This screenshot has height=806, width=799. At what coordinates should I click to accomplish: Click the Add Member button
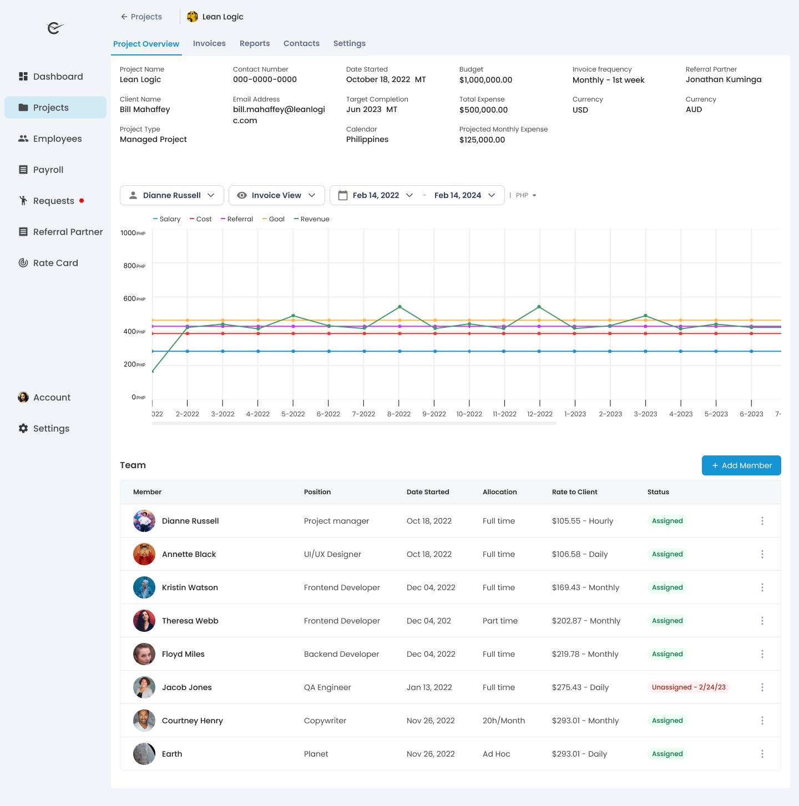coord(741,465)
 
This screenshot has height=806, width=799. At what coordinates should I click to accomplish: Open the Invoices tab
coord(209,43)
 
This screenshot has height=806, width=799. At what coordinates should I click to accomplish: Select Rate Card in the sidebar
coord(55,263)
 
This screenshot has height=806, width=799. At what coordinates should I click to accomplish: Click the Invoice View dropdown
coord(276,195)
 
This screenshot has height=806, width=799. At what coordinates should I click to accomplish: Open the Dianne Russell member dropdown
coord(172,195)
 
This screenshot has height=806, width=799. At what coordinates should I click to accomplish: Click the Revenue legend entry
coord(312,219)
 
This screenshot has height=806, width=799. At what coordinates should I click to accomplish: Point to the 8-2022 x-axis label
coord(399,414)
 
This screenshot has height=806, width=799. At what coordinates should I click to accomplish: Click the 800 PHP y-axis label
coord(133,266)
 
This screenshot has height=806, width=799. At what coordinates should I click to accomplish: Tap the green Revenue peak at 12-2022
coord(539,307)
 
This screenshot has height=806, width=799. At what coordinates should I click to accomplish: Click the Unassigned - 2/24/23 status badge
coord(689,687)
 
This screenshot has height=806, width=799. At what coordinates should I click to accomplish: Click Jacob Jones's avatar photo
coord(144,687)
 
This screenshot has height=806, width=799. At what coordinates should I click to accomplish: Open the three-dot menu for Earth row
coord(762,754)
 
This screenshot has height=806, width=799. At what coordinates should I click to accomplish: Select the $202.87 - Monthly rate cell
coord(586,621)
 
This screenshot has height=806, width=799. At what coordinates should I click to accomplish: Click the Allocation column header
coord(499,492)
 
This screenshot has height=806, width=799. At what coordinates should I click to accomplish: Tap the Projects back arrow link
coord(141,17)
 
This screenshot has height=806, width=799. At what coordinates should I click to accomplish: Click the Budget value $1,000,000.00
coord(486,80)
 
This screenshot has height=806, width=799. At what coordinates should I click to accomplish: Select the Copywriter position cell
coord(325,721)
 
